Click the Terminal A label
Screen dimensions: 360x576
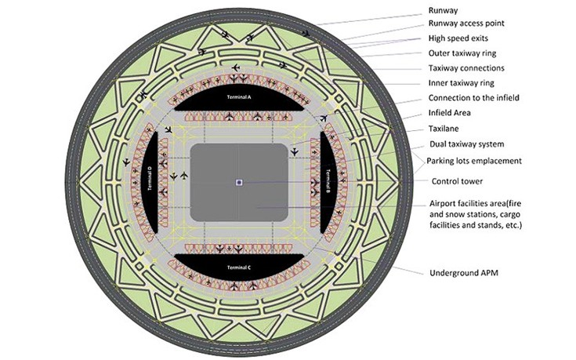(x=238, y=97)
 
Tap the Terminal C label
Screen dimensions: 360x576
(x=238, y=267)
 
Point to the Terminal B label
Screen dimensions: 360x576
(x=327, y=182)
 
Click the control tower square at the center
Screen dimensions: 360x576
(x=238, y=183)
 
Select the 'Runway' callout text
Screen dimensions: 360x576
(x=444, y=10)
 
